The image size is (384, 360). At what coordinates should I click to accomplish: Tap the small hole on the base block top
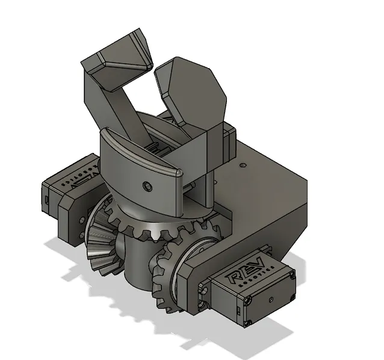(242, 164)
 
